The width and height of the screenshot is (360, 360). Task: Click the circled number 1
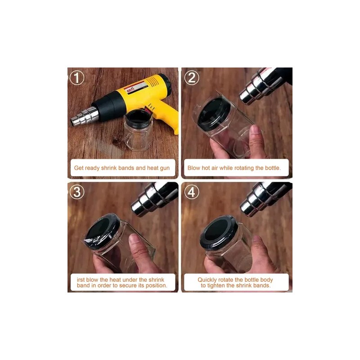click(77, 77)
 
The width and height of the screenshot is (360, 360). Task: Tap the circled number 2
click(192, 77)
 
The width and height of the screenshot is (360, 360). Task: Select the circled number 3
click(77, 192)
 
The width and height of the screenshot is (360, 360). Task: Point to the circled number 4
click(192, 192)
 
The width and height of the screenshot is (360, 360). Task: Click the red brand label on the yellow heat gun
click(132, 90)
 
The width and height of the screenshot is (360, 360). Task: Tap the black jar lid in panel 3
click(103, 231)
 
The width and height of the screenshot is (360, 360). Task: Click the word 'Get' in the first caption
click(79, 168)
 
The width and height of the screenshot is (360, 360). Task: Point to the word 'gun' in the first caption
click(165, 168)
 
